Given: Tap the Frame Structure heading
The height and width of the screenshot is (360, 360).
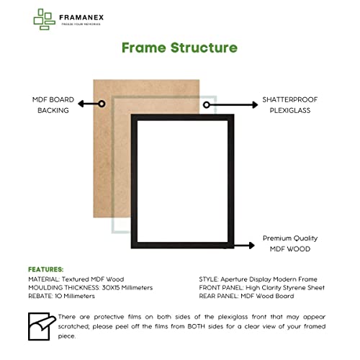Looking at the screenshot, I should coord(179,48).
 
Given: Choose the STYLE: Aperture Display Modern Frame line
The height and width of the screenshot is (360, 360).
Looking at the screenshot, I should coord(258,278).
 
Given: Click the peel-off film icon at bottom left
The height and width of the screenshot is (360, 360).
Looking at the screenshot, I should coord(41,325).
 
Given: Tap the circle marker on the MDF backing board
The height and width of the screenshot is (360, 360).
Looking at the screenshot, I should coord(102,104).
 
